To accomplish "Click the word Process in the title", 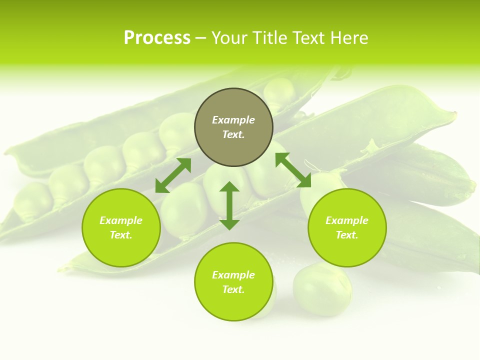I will tap(157, 38).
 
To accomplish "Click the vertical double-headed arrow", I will tap(229, 205).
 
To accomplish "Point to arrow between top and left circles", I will tap(173, 175).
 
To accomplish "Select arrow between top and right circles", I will tap(293, 170).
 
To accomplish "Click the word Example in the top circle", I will tap(233, 120).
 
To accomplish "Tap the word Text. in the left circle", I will tap(121, 235).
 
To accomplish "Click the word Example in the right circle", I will tap(347, 220).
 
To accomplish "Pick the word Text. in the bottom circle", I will tap(233, 289).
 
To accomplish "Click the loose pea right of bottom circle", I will tap(322, 290).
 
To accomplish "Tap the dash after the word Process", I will tap(201, 38).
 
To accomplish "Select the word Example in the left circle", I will tap(121, 220).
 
